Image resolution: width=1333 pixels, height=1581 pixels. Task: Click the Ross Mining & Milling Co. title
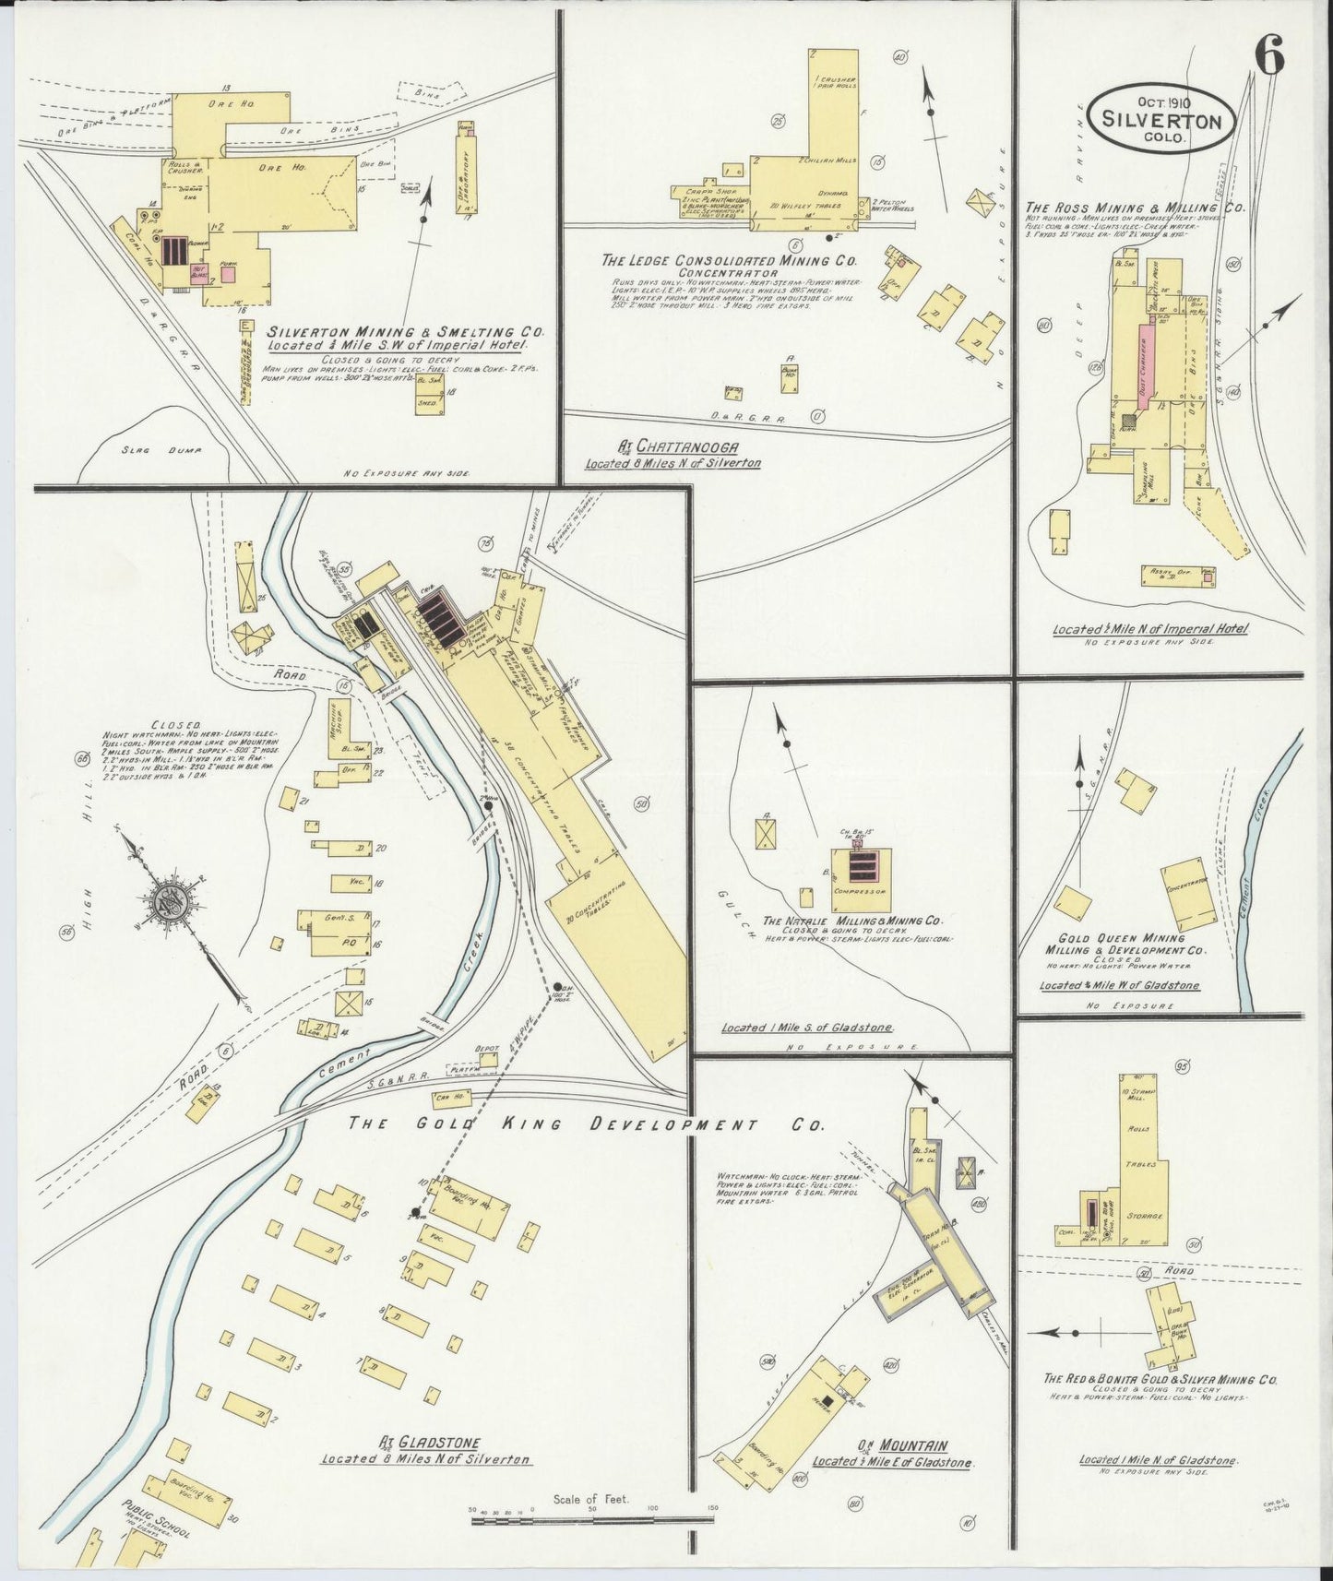[1135, 208]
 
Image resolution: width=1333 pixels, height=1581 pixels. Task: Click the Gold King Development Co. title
[587, 1124]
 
